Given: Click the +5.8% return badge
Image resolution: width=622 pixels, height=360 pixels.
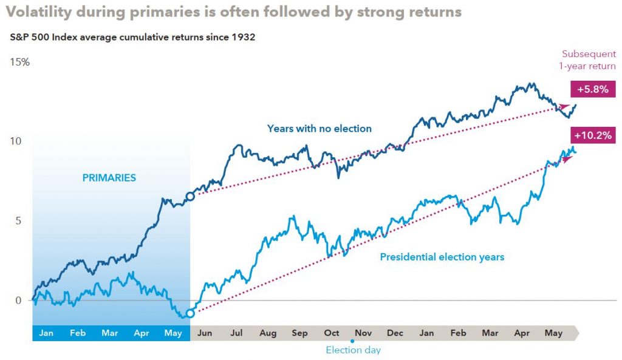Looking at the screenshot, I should point(593,89).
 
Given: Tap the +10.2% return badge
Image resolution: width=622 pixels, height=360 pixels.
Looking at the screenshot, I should point(592,135).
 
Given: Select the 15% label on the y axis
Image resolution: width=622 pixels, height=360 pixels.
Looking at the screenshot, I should point(19,63).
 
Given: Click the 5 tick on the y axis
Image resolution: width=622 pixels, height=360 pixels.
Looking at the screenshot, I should point(18,220).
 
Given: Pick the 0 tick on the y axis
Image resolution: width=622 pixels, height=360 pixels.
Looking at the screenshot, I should point(18,300).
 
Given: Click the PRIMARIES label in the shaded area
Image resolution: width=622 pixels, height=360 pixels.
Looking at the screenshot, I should point(109,178).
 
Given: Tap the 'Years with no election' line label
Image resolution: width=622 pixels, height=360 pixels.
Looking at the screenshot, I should point(319,128).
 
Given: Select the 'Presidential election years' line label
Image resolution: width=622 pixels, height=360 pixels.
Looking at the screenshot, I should point(442,257).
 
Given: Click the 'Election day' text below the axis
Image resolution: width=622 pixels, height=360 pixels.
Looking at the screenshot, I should point(353,350).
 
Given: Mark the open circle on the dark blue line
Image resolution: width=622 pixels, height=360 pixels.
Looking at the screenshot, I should point(190,196).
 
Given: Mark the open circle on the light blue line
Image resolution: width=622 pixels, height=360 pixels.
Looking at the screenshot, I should point(190,313).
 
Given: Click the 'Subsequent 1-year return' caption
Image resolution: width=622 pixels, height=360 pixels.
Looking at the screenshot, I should point(588,60).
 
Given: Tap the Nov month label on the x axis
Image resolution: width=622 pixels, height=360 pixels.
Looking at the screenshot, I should point(363,333).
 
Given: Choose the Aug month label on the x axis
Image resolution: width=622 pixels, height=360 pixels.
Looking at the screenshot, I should point(267,333).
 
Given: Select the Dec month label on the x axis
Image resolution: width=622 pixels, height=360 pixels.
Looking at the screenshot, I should point(395,333).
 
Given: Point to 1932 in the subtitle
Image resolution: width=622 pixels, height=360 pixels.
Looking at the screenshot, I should point(242,38).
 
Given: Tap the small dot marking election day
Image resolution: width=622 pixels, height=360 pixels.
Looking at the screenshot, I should point(352,342).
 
